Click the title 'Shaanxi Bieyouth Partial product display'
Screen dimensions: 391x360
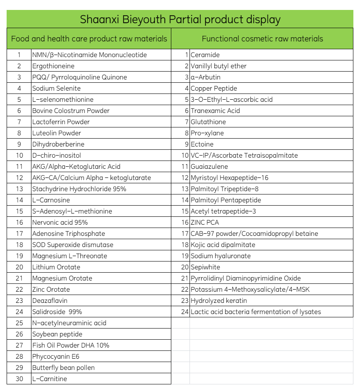(x=180, y=19)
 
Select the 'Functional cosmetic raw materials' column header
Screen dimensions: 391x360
(x=262, y=39)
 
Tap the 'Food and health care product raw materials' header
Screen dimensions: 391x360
(x=89, y=39)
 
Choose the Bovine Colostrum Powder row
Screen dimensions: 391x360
(x=71, y=111)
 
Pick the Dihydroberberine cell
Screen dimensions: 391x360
(x=58, y=144)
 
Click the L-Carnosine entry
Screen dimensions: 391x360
(x=51, y=200)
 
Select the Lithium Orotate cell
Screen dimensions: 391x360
(x=56, y=267)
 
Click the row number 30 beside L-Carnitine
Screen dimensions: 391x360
(x=19, y=379)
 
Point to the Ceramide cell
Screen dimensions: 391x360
(x=205, y=55)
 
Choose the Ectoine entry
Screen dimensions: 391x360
(x=202, y=144)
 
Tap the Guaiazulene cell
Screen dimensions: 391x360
(x=209, y=167)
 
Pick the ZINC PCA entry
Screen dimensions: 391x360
(x=204, y=223)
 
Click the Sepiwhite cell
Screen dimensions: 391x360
(x=205, y=267)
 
